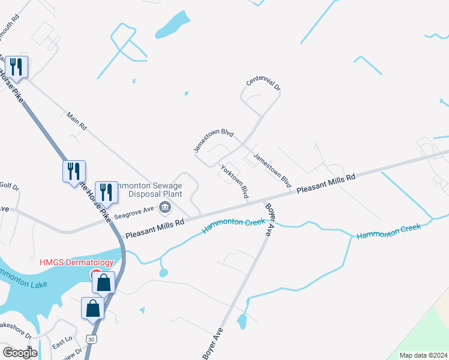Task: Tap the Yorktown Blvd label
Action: [x=235, y=182]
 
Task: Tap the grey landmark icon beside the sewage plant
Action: [x=164, y=208]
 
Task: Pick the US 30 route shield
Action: [x=89, y=339]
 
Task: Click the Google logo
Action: [x=20, y=353]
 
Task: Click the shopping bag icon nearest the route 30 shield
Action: [x=93, y=308]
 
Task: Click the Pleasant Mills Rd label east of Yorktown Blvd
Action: [x=327, y=183]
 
